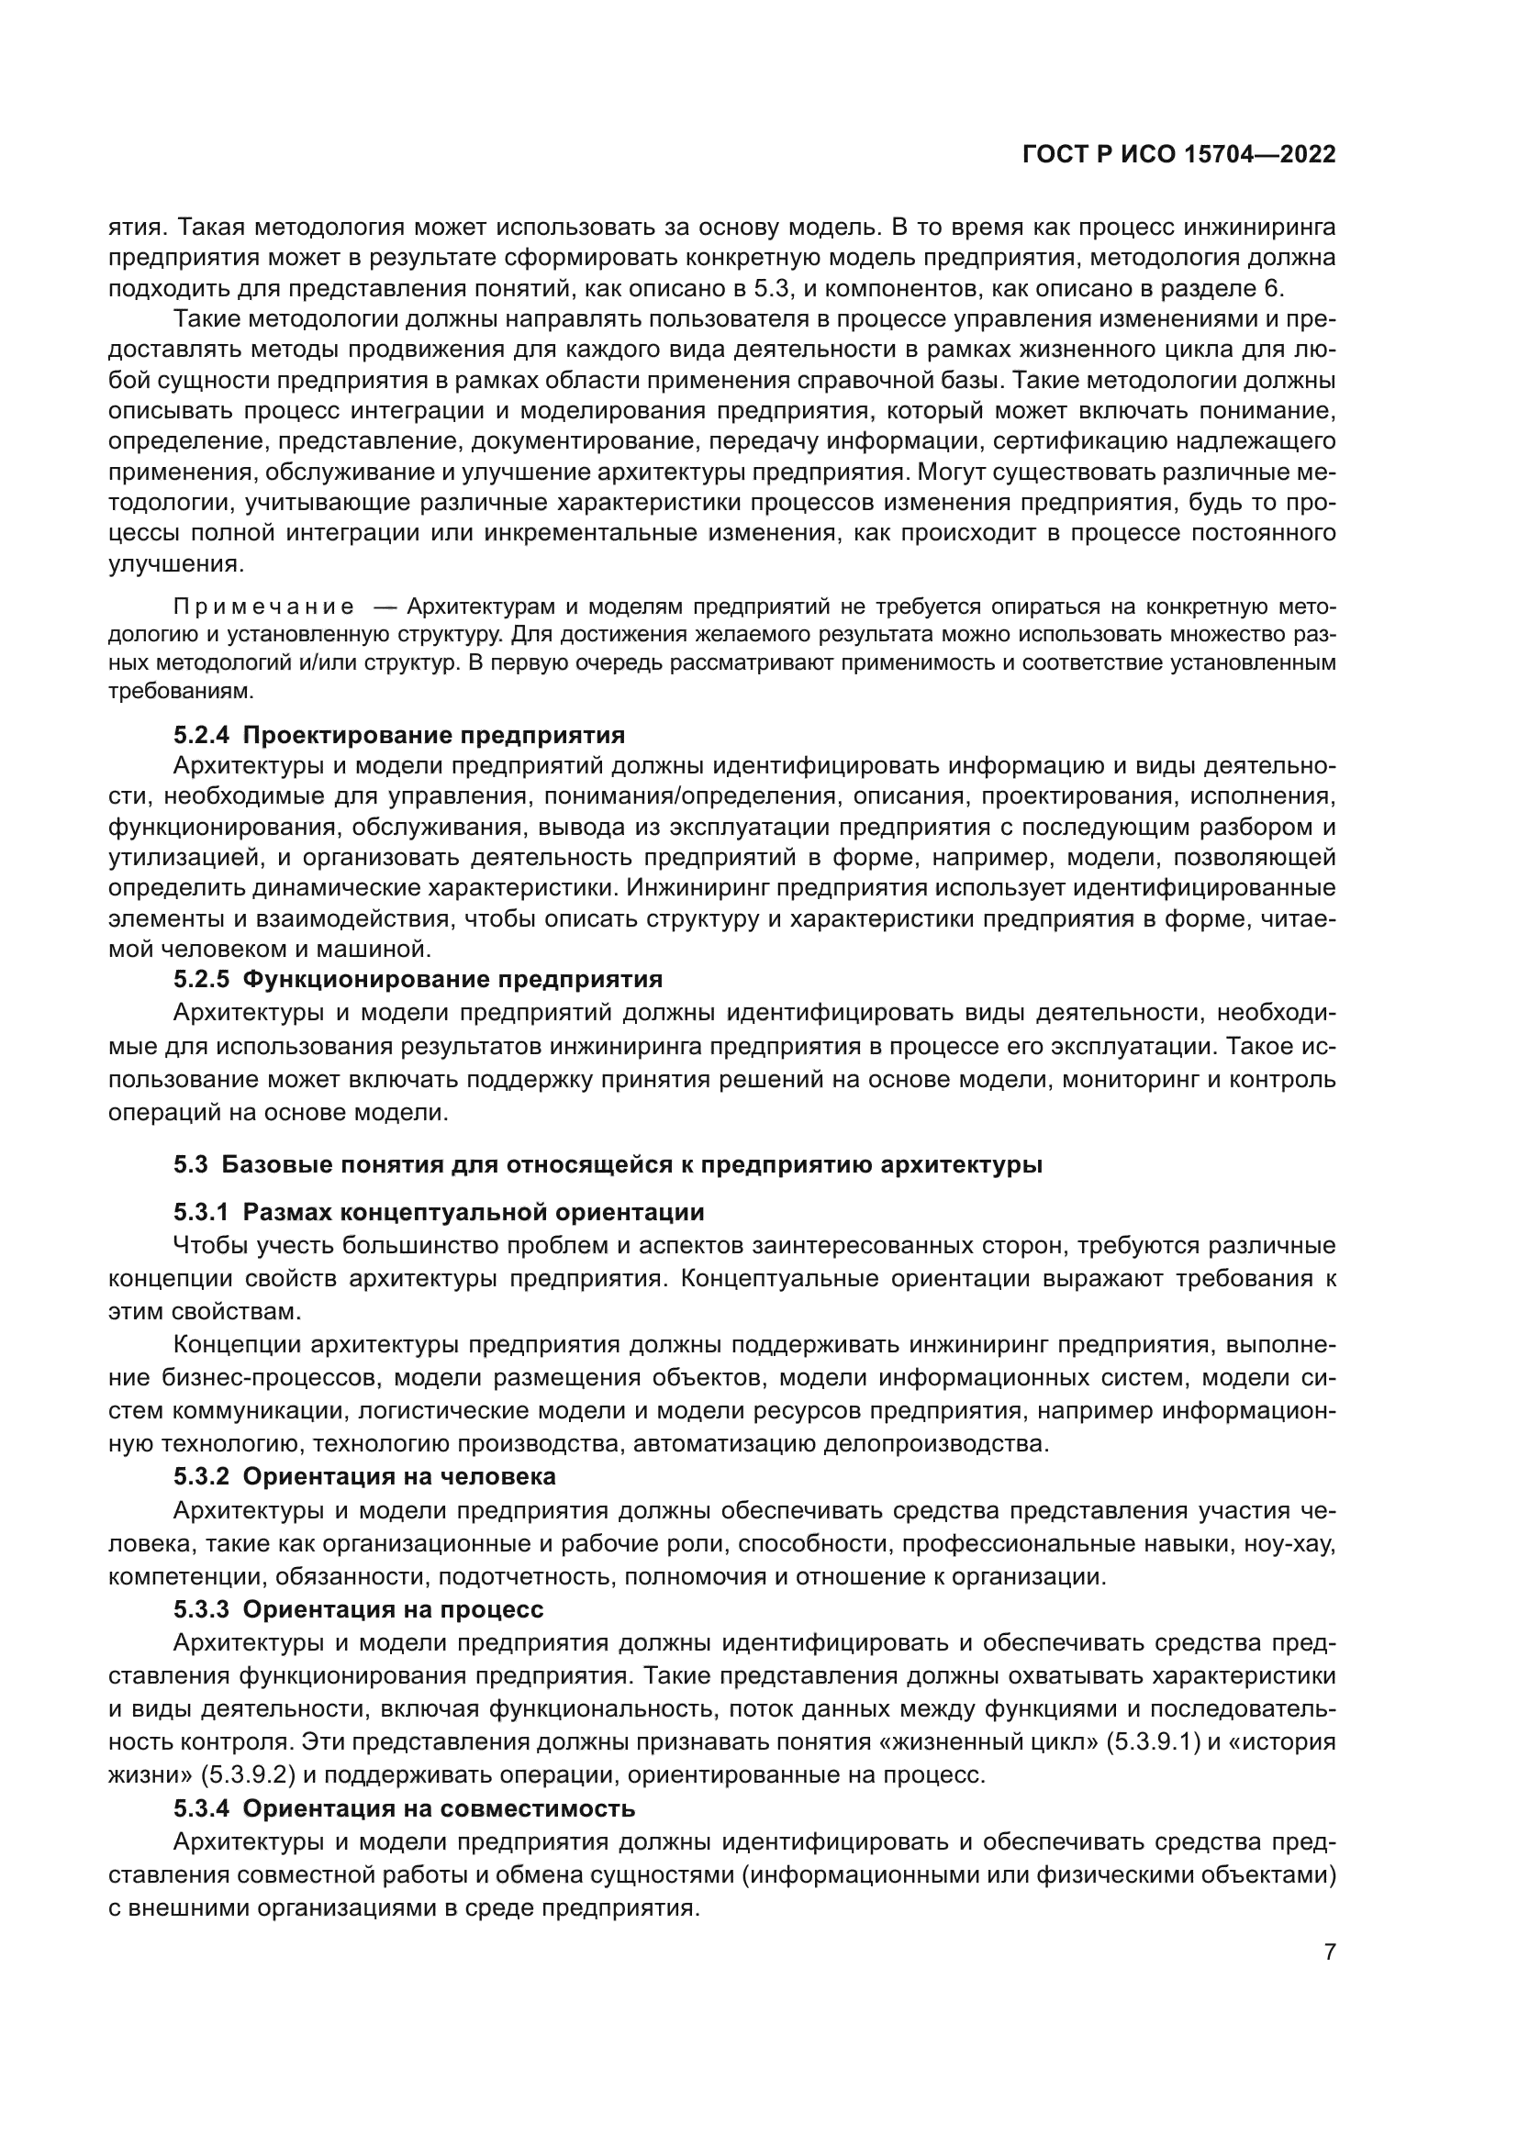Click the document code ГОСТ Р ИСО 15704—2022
coord(1178,155)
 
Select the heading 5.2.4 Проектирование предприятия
coord(399,734)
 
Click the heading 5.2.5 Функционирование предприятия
coord(418,980)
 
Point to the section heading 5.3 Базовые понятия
coord(608,1164)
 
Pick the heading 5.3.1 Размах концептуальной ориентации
coord(439,1213)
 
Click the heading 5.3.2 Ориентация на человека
coord(364,1477)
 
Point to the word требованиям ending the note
coord(182,692)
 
